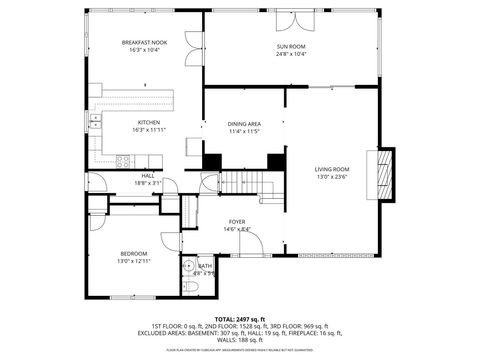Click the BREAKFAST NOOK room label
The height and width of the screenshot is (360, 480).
click(144, 43)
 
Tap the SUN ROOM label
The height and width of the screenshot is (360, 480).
click(291, 47)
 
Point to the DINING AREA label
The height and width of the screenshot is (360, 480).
click(244, 123)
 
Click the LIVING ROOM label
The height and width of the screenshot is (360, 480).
click(332, 169)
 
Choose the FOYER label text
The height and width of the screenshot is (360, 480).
click(236, 221)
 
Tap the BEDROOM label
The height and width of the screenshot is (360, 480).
click(134, 253)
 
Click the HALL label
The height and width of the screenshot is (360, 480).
click(147, 175)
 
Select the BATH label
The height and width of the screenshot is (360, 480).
click(204, 265)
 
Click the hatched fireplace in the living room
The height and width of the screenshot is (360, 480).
click(382, 176)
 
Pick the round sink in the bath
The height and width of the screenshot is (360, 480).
click(188, 265)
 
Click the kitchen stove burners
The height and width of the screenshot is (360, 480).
click(123, 160)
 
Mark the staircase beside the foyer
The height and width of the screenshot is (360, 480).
click(244, 183)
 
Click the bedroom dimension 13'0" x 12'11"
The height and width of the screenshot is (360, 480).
click(134, 261)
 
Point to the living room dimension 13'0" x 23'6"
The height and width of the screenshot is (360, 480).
click(332, 177)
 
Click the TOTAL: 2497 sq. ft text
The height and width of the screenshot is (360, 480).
click(240, 317)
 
